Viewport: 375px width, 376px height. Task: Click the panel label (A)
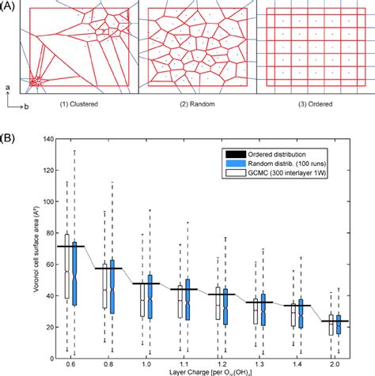[x=9, y=6]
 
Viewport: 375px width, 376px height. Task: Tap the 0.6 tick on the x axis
[x=71, y=366]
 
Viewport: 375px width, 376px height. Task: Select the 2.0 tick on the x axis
[x=342, y=366]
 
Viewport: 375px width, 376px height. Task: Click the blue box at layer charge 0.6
[x=75, y=273]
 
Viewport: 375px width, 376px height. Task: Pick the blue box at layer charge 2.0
[x=345, y=325]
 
